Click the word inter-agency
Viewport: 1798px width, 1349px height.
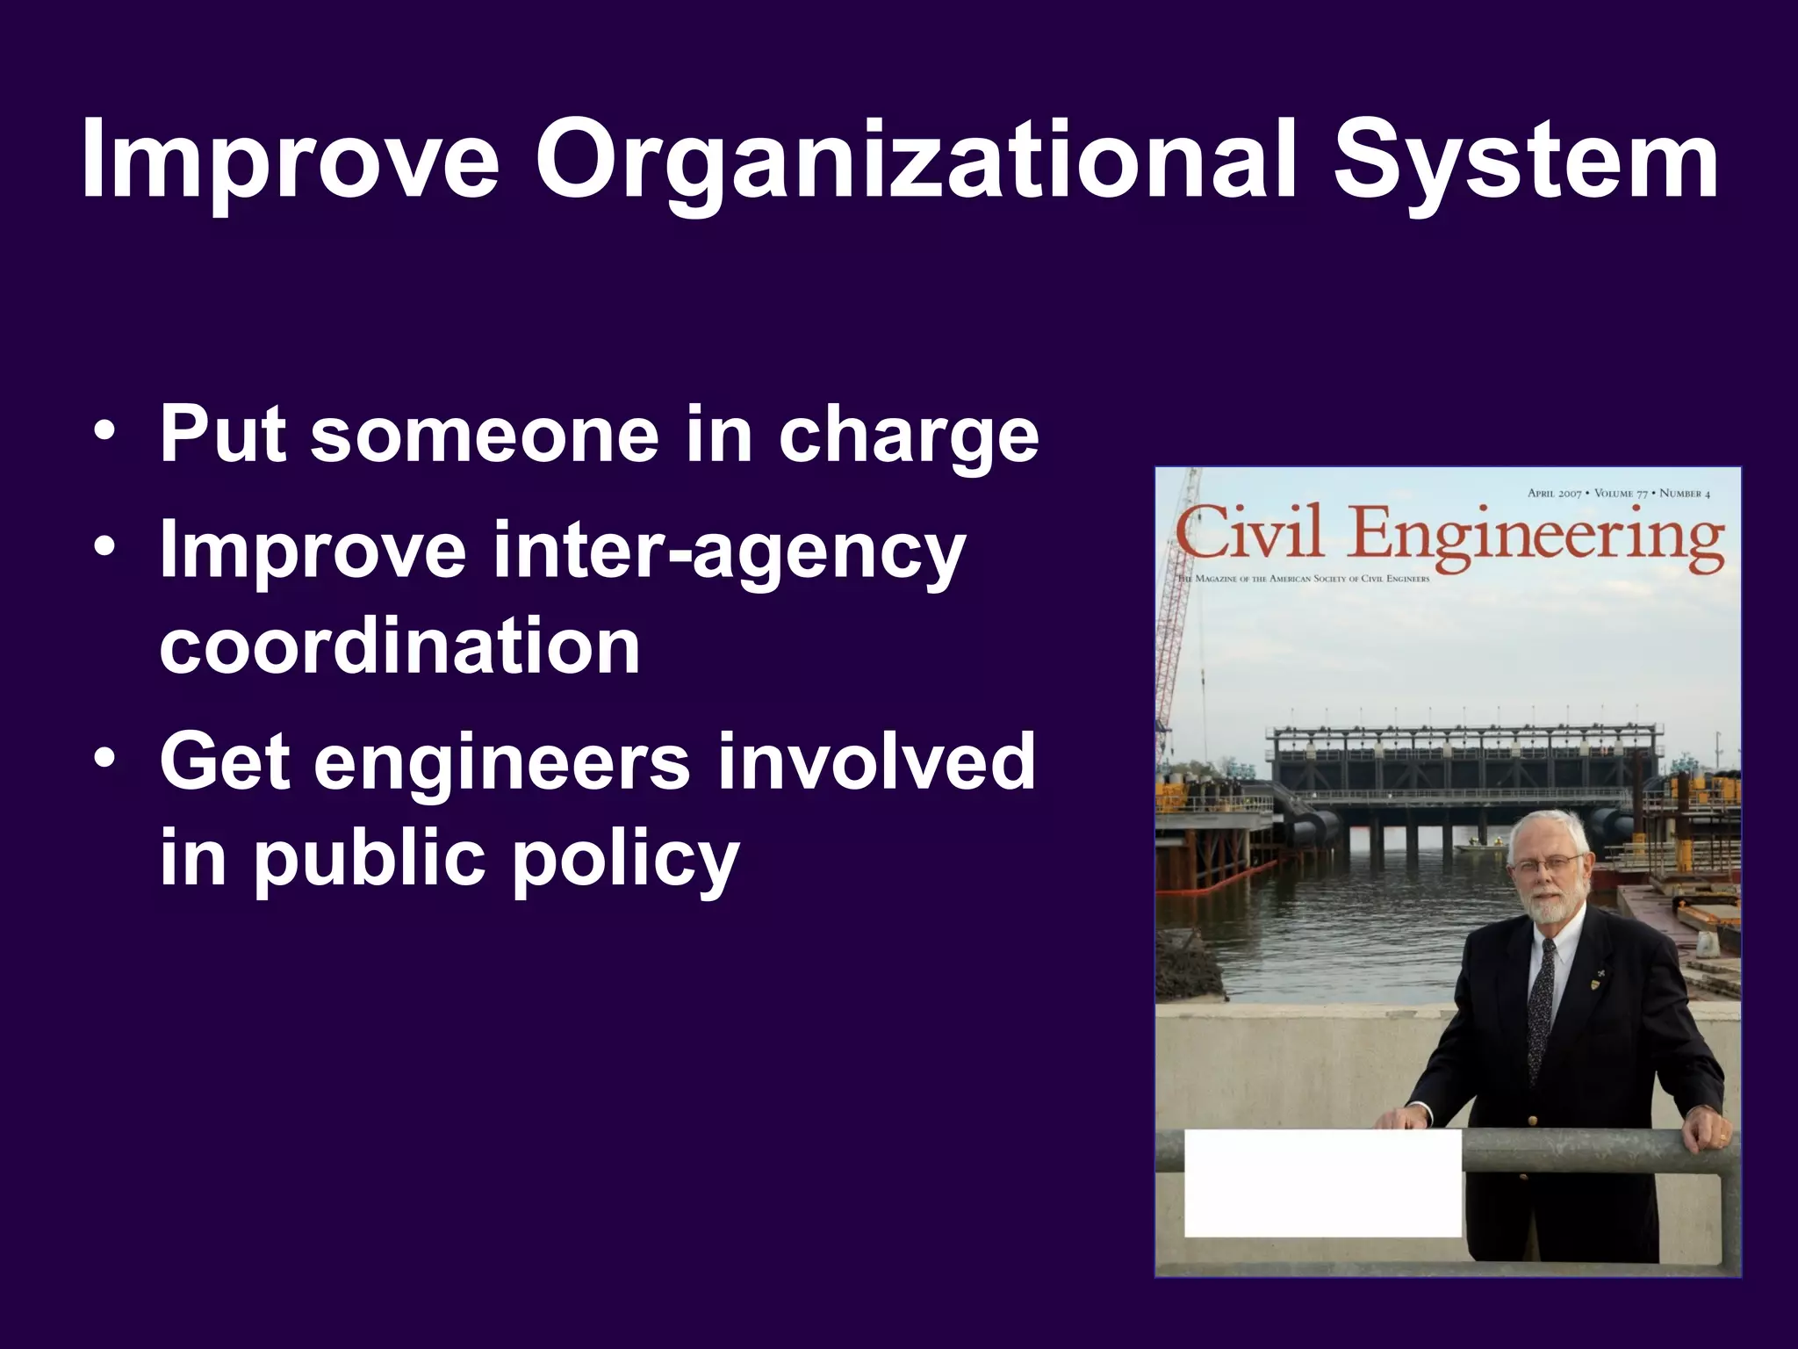[x=729, y=551]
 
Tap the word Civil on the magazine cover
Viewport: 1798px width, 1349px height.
[x=1249, y=533]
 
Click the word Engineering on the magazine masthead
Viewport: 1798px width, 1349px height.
[x=1536, y=537]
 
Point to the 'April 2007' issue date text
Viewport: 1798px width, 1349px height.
[x=1554, y=494]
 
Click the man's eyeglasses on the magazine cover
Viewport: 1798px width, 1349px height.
[x=1547, y=865]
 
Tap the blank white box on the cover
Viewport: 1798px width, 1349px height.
[x=1322, y=1183]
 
